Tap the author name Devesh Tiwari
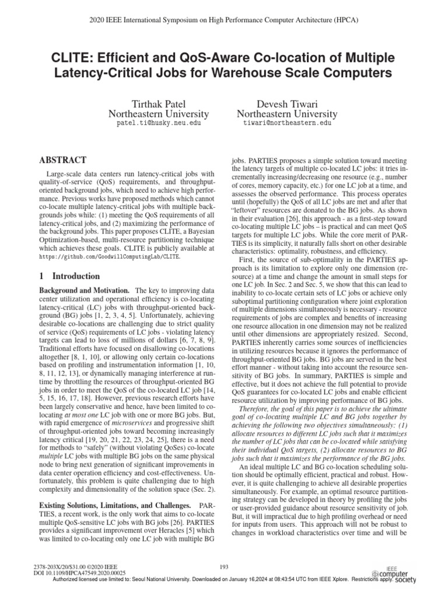tap(287, 102)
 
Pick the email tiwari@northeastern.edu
tap(287, 124)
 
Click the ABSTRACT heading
tap(62, 159)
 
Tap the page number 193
tap(223, 567)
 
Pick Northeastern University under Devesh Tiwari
tap(287, 113)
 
